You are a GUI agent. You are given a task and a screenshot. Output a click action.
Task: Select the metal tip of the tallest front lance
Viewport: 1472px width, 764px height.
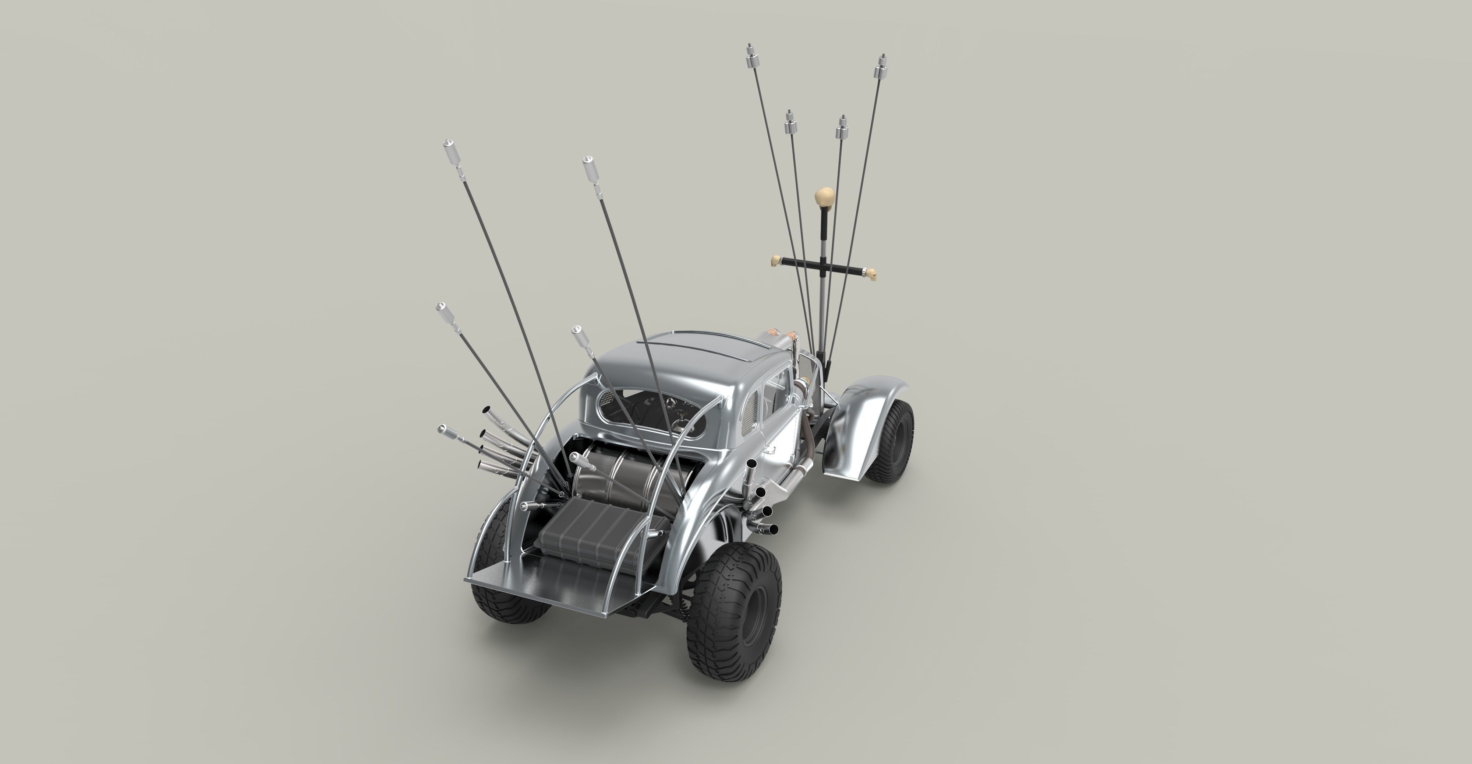(751, 56)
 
